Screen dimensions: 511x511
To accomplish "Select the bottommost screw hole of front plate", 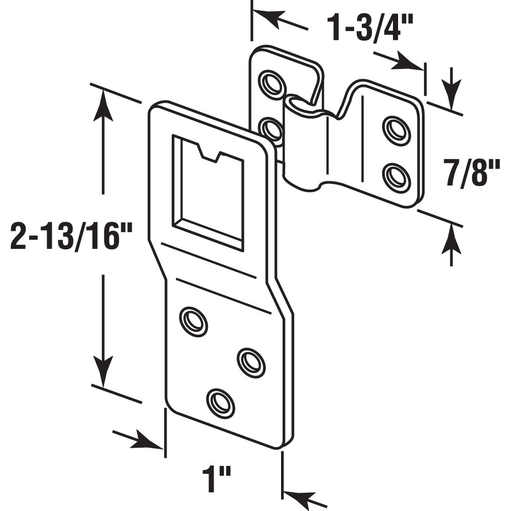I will (x=221, y=402).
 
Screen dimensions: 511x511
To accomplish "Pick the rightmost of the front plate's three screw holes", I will (x=251, y=362).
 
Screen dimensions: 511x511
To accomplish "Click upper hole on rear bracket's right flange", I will (x=397, y=131).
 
